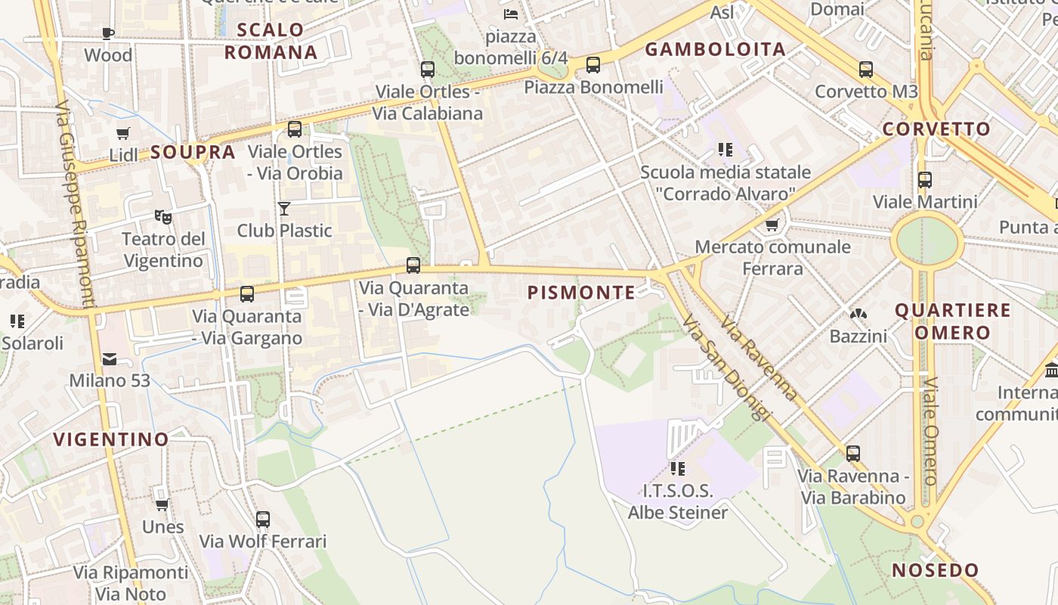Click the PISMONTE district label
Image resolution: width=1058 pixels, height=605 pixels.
pyautogui.click(x=581, y=293)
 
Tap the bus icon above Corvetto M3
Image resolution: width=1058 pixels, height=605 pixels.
pyautogui.click(x=866, y=70)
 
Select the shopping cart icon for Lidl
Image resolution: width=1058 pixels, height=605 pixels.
pyautogui.click(x=123, y=134)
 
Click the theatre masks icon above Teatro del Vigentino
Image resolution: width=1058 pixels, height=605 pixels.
pyautogui.click(x=162, y=217)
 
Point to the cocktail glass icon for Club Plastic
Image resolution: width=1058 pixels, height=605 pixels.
pyautogui.click(x=284, y=208)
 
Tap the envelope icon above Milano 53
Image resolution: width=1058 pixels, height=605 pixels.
pyautogui.click(x=110, y=358)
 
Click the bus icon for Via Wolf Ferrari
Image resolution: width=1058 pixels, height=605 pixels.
pyautogui.click(x=263, y=520)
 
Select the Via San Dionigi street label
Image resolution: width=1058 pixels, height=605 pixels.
pyautogui.click(x=725, y=368)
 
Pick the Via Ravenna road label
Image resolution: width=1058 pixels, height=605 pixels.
pyautogui.click(x=758, y=358)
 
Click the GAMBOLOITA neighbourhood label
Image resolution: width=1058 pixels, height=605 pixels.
pyautogui.click(x=715, y=50)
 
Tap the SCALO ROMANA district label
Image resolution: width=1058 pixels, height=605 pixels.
pyautogui.click(x=271, y=41)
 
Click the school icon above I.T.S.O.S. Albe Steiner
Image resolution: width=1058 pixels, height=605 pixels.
pyautogui.click(x=677, y=469)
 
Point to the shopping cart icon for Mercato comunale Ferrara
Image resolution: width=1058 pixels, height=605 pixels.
pyautogui.click(x=772, y=225)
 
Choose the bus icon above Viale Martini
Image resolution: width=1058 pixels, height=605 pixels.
pyautogui.click(x=925, y=180)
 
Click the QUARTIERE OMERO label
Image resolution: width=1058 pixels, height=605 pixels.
pyautogui.click(x=952, y=321)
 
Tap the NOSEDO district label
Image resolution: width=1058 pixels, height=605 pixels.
pyautogui.click(x=935, y=570)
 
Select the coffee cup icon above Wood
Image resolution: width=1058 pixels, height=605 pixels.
pyautogui.click(x=108, y=33)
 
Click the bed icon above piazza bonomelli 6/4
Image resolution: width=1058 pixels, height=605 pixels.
pyautogui.click(x=511, y=14)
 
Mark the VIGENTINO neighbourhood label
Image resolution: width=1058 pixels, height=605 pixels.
pyautogui.click(x=111, y=439)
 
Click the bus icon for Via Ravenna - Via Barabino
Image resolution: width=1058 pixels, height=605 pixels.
pyautogui.click(x=853, y=454)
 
